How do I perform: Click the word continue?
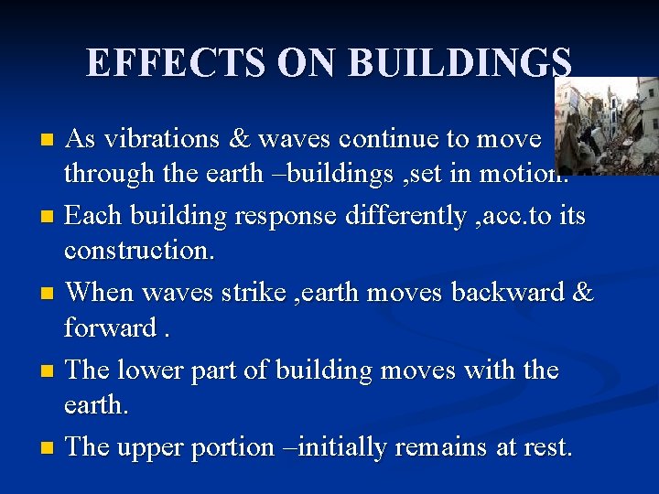point(394,139)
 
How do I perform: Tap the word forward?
point(110,328)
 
